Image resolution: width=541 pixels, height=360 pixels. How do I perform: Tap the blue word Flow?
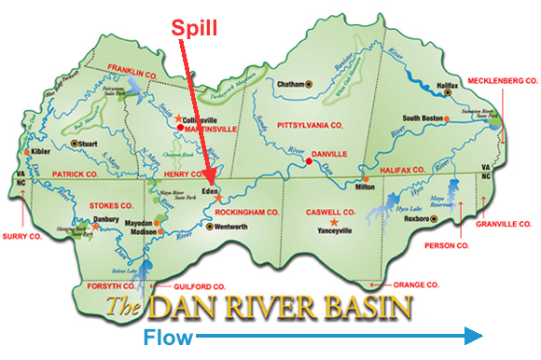(x=169, y=336)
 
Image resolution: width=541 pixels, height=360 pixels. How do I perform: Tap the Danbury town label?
(x=110, y=221)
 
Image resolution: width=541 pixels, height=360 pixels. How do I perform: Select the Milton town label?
(x=366, y=186)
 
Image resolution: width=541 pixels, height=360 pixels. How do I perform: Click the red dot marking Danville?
(x=308, y=162)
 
